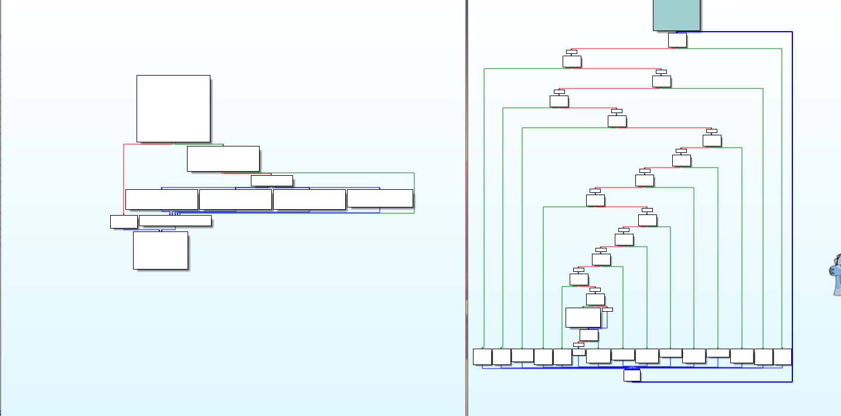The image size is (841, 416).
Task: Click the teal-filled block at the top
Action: tap(676, 15)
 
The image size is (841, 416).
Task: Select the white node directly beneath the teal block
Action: tap(677, 40)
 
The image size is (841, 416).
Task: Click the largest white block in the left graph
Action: tap(173, 108)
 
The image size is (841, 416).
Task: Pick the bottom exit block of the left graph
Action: tap(161, 250)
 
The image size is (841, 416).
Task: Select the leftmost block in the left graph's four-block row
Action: tap(161, 199)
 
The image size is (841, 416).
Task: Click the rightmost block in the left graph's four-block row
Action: tap(380, 198)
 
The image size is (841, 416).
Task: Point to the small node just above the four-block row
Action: tap(271, 180)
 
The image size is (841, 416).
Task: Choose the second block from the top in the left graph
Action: tap(223, 159)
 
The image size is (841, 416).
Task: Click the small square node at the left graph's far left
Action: tap(124, 221)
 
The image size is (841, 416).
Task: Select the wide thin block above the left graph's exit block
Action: tap(175, 221)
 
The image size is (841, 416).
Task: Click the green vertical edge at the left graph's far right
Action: tap(414, 193)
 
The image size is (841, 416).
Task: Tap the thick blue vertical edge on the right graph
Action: tap(792, 205)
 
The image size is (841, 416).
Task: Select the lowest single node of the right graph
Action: tap(632, 375)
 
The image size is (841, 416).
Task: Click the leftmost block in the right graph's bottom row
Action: tap(482, 356)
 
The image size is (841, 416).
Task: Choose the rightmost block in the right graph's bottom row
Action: tap(782, 356)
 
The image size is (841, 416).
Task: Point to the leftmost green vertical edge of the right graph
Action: tap(484, 205)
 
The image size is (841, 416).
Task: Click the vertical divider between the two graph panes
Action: tap(467, 208)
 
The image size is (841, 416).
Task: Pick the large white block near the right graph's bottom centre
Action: tap(583, 317)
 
